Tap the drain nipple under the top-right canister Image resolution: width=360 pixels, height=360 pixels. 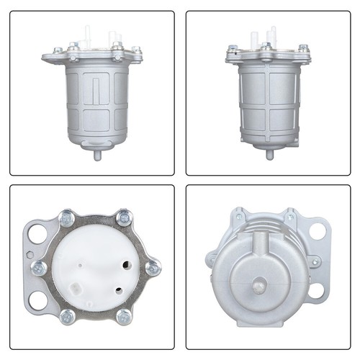click(x=269, y=153)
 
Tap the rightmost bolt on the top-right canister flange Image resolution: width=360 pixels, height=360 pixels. click(x=303, y=48)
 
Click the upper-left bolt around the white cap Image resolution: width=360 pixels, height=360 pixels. click(x=67, y=216)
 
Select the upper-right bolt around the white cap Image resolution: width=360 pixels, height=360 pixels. click(x=124, y=216)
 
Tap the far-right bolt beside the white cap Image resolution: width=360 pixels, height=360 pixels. click(x=152, y=268)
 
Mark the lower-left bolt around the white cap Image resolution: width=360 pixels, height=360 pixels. click(x=67, y=315)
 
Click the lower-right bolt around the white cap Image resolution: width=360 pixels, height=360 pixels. click(x=124, y=315)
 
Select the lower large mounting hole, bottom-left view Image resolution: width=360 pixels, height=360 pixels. click(x=37, y=301)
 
